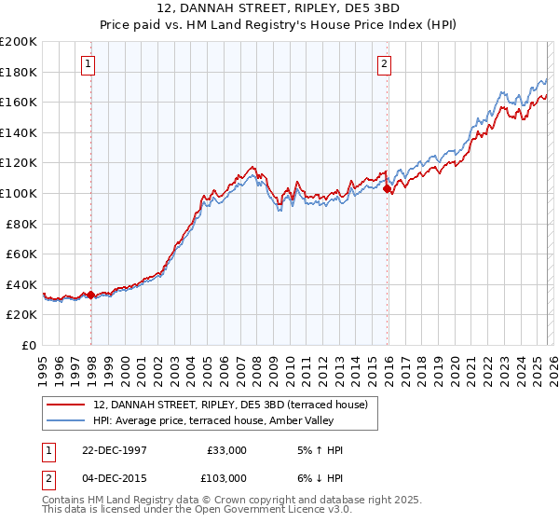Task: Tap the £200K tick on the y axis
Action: click(x=19, y=42)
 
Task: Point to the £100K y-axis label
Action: click(x=19, y=193)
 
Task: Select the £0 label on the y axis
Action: click(x=30, y=345)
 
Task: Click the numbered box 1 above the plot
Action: click(x=88, y=64)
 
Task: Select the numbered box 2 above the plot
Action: click(x=384, y=64)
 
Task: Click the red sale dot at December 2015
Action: click(x=387, y=189)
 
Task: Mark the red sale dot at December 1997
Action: click(x=91, y=295)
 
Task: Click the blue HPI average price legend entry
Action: click(x=220, y=420)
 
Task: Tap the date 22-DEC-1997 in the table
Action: click(x=120, y=450)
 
